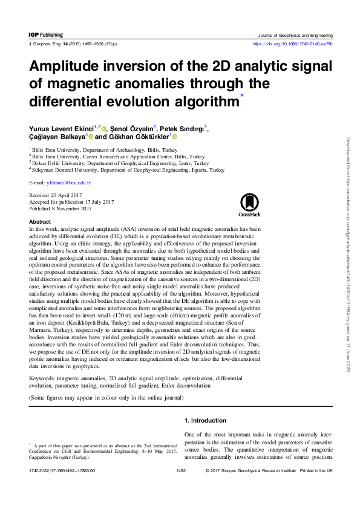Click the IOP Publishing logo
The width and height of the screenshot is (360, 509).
click(x=45, y=36)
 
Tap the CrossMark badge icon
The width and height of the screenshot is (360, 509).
click(x=249, y=204)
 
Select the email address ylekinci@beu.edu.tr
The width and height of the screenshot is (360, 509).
click(x=69, y=182)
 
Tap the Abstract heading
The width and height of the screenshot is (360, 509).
click(x=40, y=222)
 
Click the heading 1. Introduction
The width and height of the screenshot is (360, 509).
click(x=205, y=421)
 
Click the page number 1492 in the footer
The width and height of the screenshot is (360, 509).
click(x=180, y=469)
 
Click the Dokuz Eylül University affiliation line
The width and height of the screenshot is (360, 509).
click(x=121, y=163)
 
